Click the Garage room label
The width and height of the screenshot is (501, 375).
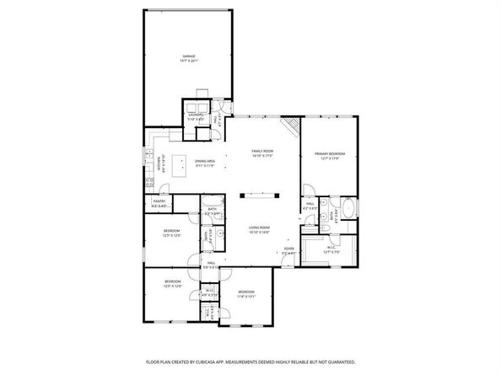[x=189, y=56]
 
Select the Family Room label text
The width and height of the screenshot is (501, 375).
[x=262, y=151]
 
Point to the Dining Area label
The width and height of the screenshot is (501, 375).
[x=206, y=160]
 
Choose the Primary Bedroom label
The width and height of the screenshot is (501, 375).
[x=330, y=153]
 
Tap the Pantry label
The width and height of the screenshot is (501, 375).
[x=159, y=201]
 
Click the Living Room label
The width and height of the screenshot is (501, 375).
[x=259, y=228]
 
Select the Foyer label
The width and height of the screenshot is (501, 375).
[x=288, y=249]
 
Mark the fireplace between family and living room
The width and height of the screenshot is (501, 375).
[x=258, y=196]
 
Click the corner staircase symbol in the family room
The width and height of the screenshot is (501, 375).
[x=292, y=126]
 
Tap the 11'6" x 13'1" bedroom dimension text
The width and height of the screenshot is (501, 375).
[x=245, y=296]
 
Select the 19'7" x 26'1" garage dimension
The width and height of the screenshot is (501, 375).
[x=189, y=61]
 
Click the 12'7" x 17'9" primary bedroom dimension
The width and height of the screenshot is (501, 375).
[x=330, y=158]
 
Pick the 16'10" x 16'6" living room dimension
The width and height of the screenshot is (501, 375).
[x=259, y=233]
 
